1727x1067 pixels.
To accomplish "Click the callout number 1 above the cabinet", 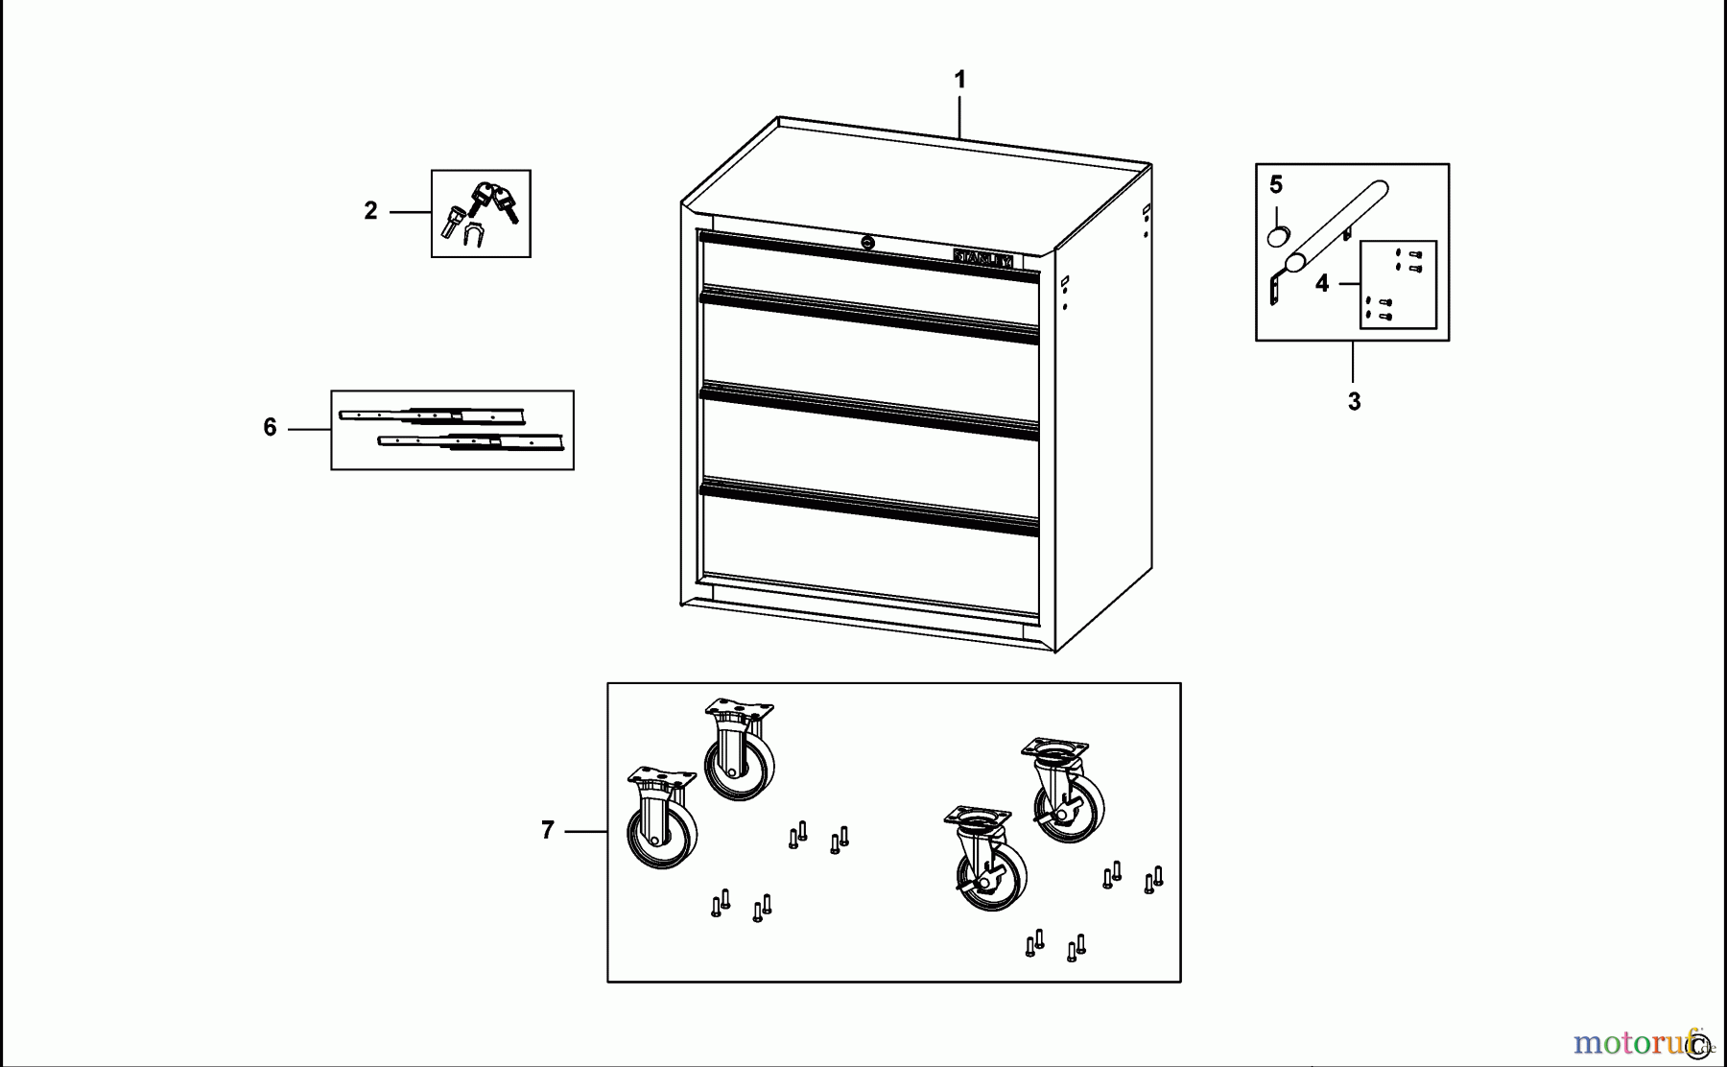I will point(959,80).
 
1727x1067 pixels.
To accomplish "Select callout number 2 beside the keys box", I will point(370,211).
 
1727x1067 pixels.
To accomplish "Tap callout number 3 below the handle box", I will point(1354,402).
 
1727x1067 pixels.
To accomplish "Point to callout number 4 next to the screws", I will point(1322,284).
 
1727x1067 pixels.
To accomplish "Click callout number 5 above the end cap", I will point(1276,184).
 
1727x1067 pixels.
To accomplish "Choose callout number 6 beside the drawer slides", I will point(270,428).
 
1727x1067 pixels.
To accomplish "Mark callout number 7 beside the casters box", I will point(547,830).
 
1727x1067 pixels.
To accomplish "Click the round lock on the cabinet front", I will point(868,243).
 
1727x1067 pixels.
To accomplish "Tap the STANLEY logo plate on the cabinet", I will point(982,259).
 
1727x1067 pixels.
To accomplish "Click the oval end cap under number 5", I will point(1278,236).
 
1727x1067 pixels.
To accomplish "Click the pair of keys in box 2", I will point(494,202).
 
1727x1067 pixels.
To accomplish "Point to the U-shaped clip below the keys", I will point(473,234).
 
